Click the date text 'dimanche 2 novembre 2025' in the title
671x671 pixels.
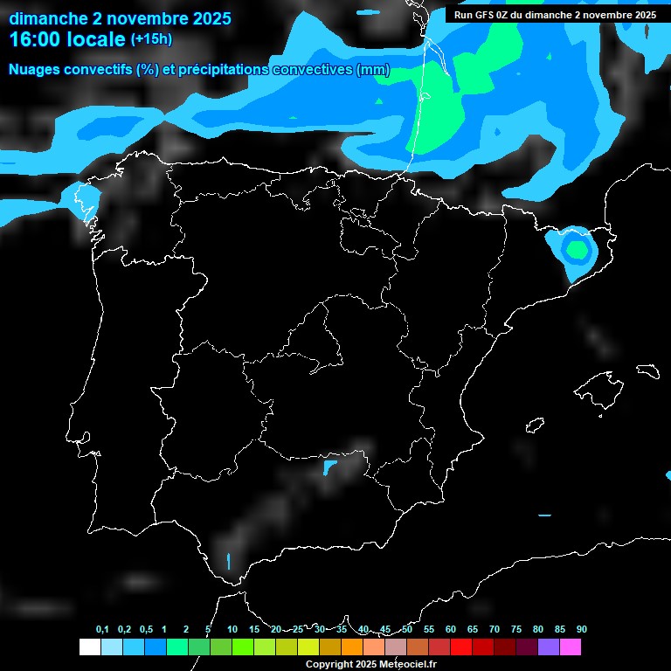[120, 18]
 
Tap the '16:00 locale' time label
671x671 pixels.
[67, 39]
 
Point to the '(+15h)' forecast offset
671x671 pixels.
[151, 39]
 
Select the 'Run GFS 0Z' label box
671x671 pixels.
[556, 15]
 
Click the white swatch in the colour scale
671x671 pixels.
[89, 647]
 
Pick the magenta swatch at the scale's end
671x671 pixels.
[571, 647]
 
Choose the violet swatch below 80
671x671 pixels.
[549, 647]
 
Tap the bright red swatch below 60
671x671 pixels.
[461, 647]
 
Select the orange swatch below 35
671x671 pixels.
[352, 647]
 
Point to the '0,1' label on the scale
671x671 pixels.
[102, 630]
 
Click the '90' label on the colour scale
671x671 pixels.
[581, 630]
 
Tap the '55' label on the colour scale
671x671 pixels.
[429, 630]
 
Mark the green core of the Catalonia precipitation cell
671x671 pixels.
[577, 250]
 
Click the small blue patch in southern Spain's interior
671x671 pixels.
[329, 468]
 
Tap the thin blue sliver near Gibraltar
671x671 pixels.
[229, 560]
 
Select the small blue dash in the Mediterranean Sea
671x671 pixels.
[545, 515]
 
